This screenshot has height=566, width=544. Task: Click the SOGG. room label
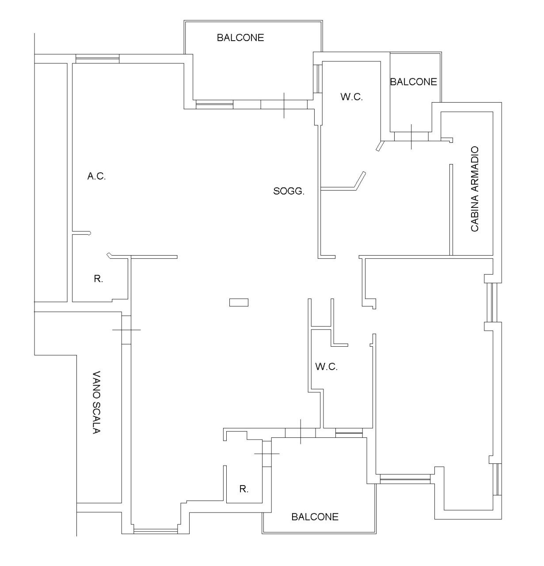(289, 191)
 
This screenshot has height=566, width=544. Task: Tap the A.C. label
(96, 176)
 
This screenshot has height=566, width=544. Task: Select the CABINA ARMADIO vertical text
(475, 189)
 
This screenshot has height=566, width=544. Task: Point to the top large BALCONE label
(240, 38)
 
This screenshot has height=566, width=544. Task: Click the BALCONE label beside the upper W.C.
(414, 82)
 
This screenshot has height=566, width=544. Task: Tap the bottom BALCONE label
(315, 517)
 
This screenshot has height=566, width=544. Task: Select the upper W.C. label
(351, 97)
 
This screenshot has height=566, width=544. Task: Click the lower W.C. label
(326, 367)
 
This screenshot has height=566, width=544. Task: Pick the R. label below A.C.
(98, 279)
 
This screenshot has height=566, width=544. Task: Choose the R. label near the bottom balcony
(243, 489)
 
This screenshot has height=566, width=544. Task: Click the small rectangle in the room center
(239, 302)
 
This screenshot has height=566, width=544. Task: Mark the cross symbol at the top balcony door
(284, 105)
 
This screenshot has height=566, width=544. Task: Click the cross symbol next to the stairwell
(126, 330)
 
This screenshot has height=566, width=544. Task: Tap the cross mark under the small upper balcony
(411, 137)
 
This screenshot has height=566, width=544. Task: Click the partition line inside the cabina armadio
(451, 210)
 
